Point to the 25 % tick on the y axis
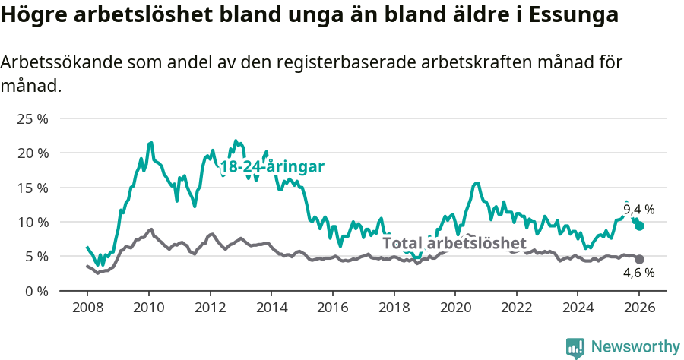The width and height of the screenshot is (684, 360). [x=32, y=119]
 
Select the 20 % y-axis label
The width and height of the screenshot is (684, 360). [x=32, y=153]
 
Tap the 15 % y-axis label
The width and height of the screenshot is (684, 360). [x=32, y=188]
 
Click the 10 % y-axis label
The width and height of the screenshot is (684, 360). [x=32, y=223]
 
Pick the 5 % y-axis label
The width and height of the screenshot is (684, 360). [x=36, y=257]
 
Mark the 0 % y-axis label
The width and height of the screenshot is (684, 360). [x=36, y=291]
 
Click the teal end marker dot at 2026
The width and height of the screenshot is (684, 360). [x=640, y=226]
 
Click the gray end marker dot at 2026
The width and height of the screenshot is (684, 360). [x=640, y=260]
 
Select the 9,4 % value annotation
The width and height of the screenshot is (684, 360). [x=638, y=210]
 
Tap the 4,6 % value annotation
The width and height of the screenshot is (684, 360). [x=638, y=273]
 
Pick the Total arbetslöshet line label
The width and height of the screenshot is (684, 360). [x=454, y=243]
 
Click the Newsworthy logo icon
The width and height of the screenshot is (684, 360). [x=575, y=347]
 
